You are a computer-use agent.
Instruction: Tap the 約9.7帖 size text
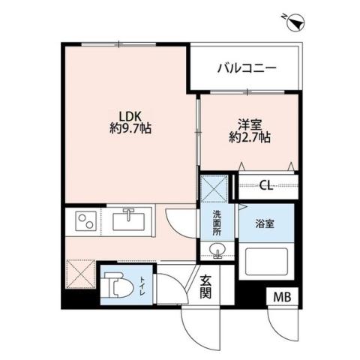click(x=125, y=129)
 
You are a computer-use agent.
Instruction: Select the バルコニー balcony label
click(x=247, y=68)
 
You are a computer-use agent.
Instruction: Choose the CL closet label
click(x=265, y=186)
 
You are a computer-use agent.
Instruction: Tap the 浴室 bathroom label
click(x=265, y=223)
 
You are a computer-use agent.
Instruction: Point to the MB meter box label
click(x=281, y=298)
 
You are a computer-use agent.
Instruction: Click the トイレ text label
click(x=142, y=285)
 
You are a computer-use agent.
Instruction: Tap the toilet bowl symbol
click(x=115, y=284)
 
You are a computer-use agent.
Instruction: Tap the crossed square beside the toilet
click(x=79, y=273)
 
